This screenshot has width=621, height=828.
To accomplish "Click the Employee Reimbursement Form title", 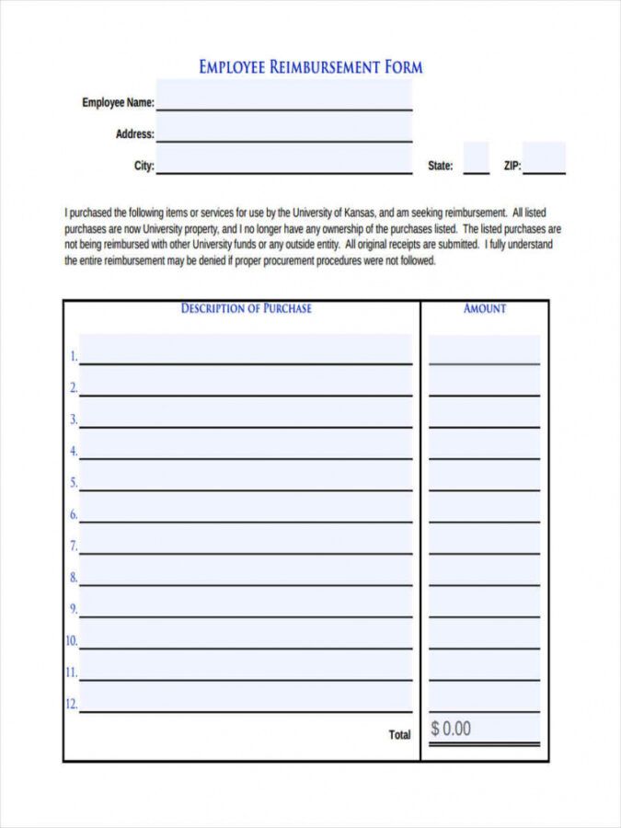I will pos(311,67).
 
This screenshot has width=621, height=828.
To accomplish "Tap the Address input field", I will pos(283,130).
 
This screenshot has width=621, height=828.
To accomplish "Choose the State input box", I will pos(476,159).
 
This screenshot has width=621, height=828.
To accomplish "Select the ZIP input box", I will pos(544,159).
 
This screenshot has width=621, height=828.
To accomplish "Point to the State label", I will pos(441,167).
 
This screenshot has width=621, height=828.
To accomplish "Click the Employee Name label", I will pos(118,103).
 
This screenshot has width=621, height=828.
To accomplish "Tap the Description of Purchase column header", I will pos(246,309).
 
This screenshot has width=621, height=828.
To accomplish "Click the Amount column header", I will pos(485,309).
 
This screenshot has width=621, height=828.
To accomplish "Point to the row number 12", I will pos(71,705).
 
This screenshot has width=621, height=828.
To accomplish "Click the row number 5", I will pos(73,483).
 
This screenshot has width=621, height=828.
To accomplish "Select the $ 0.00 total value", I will pos(451,730).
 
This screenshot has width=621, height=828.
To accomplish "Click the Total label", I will pos(399,735).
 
